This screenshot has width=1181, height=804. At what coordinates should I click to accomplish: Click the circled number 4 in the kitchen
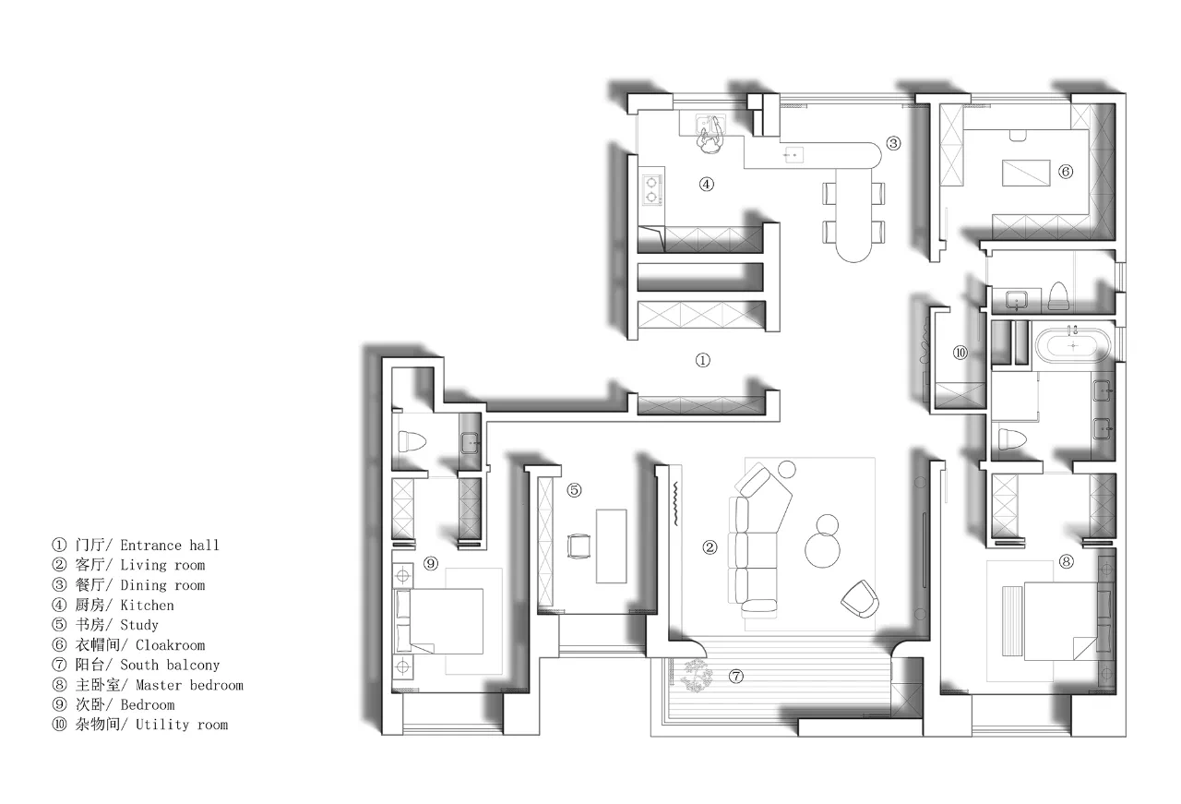point(707,184)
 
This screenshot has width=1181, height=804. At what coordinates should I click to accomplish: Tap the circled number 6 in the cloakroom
point(1066,172)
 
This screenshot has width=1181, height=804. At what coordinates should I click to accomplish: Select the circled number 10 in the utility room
point(960,353)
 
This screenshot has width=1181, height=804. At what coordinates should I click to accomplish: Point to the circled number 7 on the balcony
point(736,676)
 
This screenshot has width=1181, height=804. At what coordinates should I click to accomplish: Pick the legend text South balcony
point(170,665)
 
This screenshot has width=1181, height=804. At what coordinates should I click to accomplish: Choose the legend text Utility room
point(182,725)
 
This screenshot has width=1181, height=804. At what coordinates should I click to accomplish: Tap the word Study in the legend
point(139,625)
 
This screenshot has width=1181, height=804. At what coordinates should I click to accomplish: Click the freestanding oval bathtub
point(1073,345)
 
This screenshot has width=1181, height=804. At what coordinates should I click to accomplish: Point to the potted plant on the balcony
point(696,676)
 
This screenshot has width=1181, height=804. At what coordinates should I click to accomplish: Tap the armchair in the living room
point(860,599)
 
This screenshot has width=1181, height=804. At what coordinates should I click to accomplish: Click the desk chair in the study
point(579,546)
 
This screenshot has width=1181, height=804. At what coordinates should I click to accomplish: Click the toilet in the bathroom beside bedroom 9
point(412,441)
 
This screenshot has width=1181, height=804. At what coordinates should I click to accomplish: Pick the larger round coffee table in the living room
point(822,550)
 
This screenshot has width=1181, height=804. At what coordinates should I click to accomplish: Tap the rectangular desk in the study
point(611,546)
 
